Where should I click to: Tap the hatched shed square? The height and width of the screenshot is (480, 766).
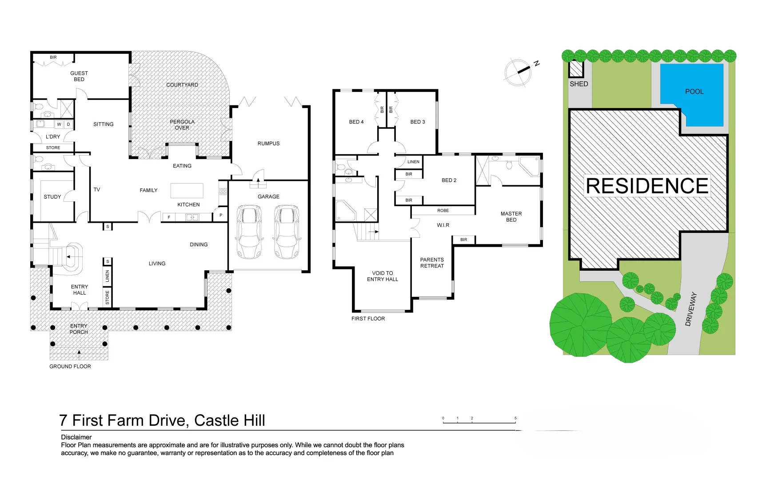[576, 69]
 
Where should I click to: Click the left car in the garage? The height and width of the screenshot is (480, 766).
[249, 232]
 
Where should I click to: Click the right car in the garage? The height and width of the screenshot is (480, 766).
[286, 232]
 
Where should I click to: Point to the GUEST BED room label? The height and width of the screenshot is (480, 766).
[79, 76]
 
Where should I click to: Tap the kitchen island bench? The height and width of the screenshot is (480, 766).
[187, 190]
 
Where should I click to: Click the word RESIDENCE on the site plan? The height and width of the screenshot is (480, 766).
[646, 186]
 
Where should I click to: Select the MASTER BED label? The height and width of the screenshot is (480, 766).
[511, 216]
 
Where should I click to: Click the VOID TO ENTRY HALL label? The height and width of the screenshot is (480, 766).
[382, 276]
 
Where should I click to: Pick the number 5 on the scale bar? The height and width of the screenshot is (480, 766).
[515, 418]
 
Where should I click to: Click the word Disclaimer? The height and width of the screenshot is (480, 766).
[76, 437]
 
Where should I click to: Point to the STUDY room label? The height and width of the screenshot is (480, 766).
[52, 196]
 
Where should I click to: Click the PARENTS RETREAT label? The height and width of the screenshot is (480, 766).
[432, 263]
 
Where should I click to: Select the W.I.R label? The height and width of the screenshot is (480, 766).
[443, 225]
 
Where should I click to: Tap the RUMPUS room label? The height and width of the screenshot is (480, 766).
[268, 144]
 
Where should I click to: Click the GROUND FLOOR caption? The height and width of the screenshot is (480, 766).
[70, 366]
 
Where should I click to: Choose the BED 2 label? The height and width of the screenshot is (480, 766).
[449, 180]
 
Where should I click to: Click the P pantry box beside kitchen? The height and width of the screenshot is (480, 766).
[221, 215]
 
